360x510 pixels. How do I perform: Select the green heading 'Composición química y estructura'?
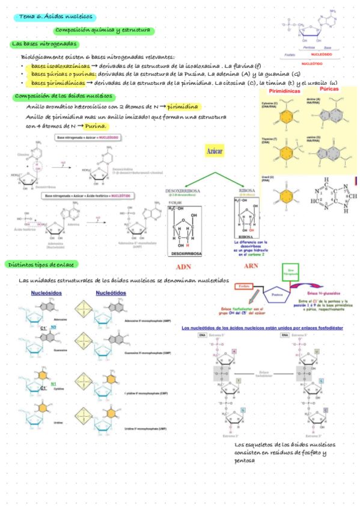[x=104, y=29]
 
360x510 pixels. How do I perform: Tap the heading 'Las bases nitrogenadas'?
[x=44, y=44]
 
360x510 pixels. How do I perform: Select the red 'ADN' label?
[x=183, y=268]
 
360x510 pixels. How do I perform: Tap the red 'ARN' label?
[x=251, y=266]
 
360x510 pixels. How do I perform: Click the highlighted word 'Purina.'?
[x=96, y=126]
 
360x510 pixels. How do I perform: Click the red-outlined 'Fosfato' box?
[x=243, y=286]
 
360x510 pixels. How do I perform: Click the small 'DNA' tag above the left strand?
[x=202, y=336]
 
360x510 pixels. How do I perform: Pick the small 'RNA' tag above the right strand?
[x=293, y=336]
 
